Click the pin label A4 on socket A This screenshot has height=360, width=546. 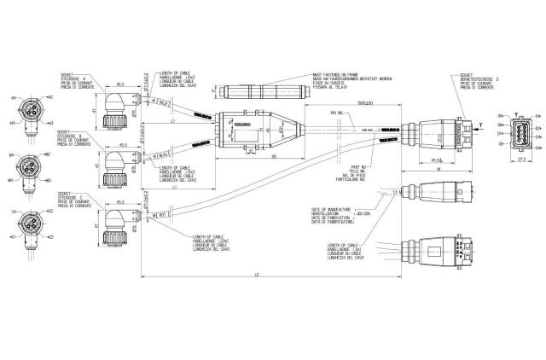coord(14,99)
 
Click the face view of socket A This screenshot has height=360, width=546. coord(31,110)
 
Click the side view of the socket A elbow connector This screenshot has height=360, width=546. coord(114,107)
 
